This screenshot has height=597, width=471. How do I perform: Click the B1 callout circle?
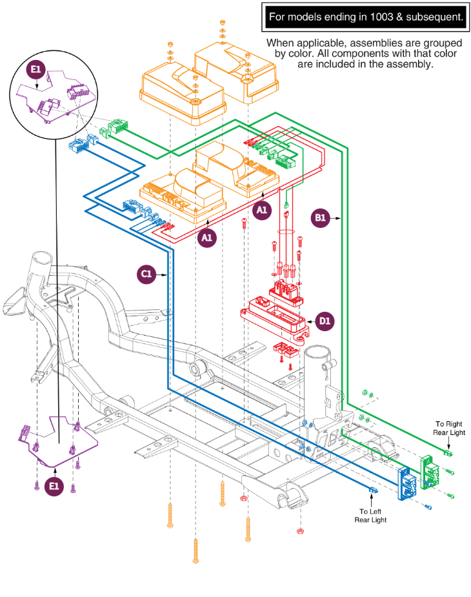[x=320, y=219]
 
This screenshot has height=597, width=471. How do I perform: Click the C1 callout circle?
[x=146, y=274]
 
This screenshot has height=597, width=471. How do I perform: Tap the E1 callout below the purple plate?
[x=55, y=485]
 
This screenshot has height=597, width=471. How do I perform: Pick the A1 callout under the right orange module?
[x=262, y=210]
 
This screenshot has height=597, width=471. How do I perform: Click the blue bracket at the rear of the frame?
[x=406, y=483]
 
